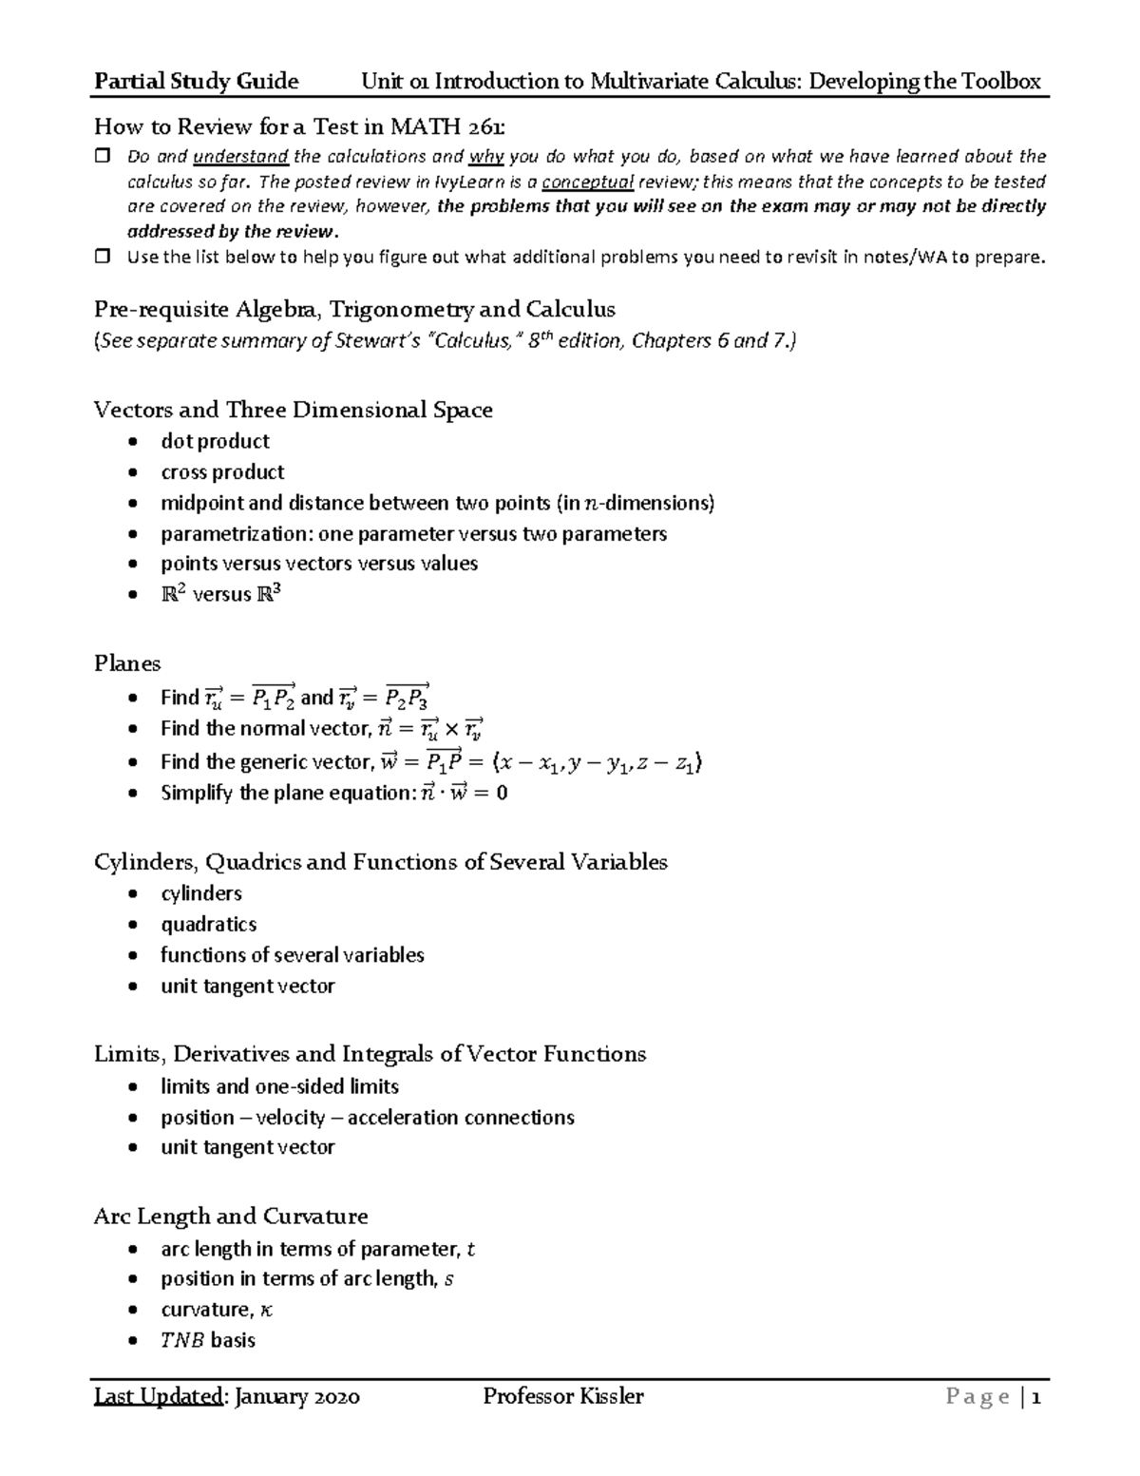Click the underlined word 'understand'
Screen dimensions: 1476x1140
point(240,157)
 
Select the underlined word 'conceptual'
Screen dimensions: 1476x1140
point(587,182)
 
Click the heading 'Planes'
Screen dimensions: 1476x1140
point(127,663)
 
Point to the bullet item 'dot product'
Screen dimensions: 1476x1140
point(215,441)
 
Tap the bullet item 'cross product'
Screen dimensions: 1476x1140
point(222,472)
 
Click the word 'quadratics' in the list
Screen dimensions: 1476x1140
point(208,924)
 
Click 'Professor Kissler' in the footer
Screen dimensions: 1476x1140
point(562,1396)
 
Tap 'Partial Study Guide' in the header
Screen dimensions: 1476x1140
point(196,82)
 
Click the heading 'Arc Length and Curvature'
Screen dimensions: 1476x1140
point(230,1217)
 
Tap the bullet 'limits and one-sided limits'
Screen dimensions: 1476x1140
point(279,1086)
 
